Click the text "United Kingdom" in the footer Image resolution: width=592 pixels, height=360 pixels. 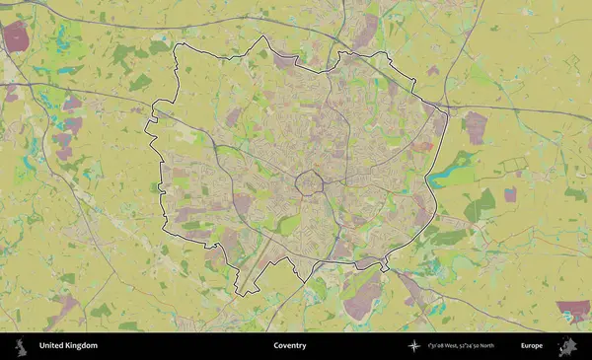[68, 346]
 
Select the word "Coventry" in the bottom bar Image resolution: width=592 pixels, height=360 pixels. [290, 346]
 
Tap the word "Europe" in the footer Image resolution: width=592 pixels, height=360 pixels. [532, 346]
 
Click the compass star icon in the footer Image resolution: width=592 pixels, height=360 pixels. [414, 346]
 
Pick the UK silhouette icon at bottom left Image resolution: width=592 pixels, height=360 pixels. [20, 346]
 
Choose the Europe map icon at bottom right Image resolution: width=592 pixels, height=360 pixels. [567, 346]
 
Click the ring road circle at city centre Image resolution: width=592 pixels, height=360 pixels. [313, 183]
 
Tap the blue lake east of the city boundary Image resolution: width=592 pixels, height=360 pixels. [452, 177]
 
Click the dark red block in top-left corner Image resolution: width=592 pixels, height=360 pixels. [16, 36]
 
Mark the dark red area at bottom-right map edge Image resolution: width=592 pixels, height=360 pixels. [572, 311]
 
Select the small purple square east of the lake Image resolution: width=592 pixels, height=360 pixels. [510, 194]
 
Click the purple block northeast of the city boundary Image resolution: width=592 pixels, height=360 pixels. [476, 127]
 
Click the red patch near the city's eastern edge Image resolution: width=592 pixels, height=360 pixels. [422, 146]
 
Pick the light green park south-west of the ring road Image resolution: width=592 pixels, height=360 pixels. [287, 225]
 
